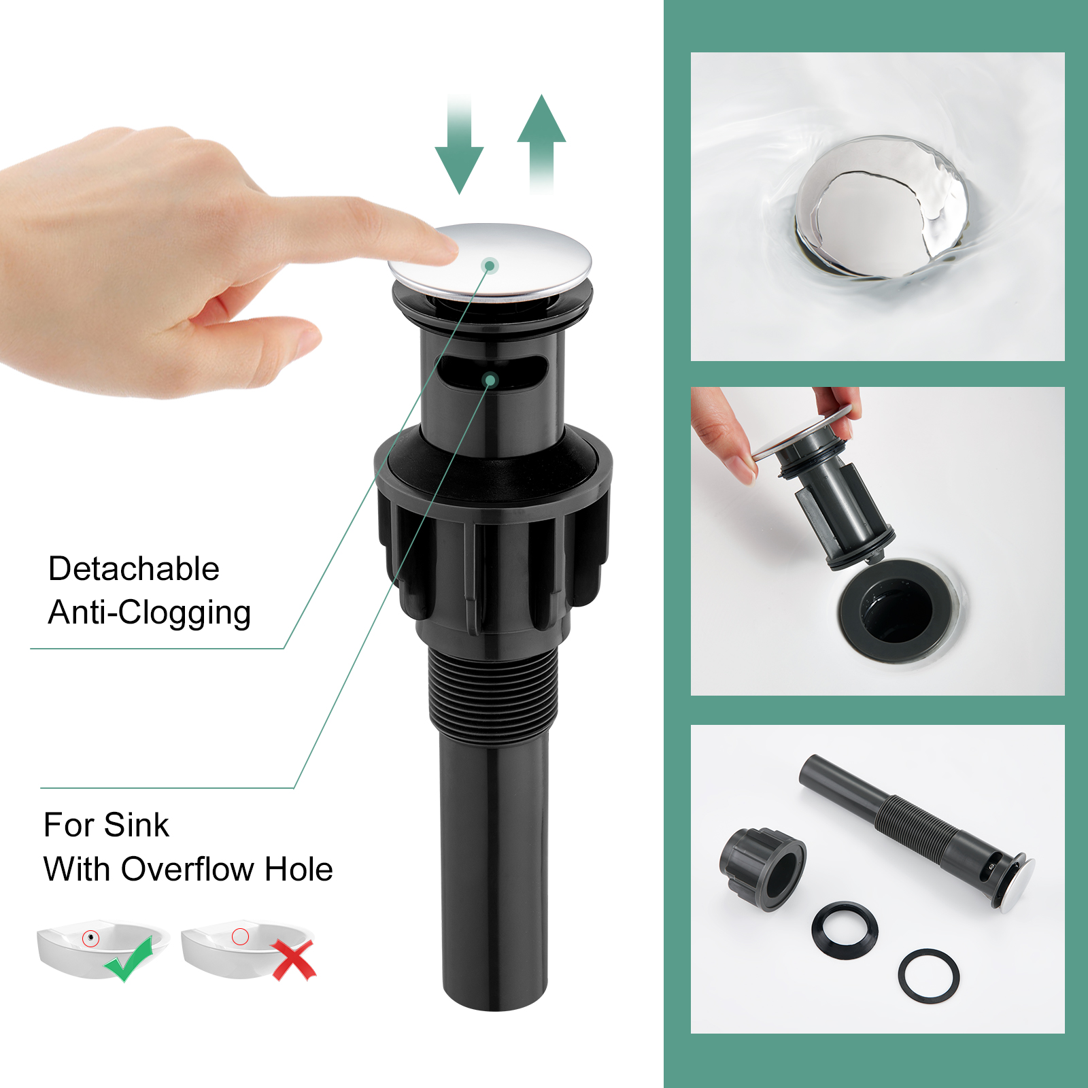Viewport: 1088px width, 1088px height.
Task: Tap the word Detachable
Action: coord(134,568)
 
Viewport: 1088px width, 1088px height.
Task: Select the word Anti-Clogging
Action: coord(150,613)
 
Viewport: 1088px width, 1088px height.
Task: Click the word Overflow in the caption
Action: coord(188,869)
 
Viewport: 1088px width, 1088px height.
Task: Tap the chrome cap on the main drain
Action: coord(490,262)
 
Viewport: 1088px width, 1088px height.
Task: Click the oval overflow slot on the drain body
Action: coord(492,373)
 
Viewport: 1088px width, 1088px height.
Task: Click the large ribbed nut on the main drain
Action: coord(494,534)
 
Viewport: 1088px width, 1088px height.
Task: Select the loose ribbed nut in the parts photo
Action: coord(762,868)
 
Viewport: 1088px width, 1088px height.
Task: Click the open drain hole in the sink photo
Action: coord(898,609)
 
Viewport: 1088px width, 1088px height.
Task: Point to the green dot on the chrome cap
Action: coord(490,265)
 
